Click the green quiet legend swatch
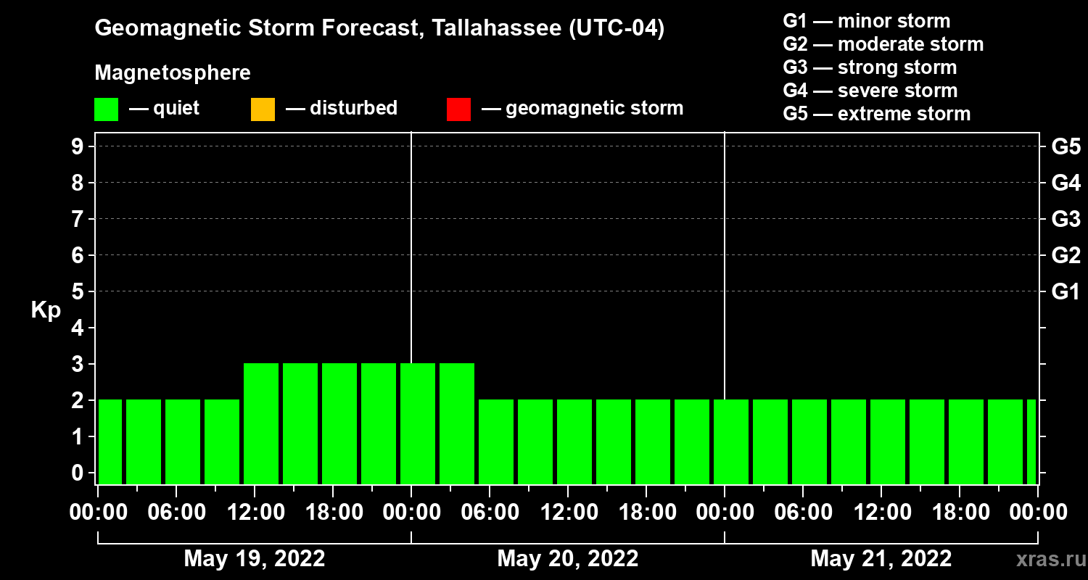click(x=106, y=109)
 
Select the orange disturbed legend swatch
click(x=263, y=109)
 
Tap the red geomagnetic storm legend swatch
click(x=458, y=109)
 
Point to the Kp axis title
click(x=46, y=310)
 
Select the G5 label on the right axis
click(x=1066, y=146)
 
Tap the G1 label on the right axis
click(x=1066, y=291)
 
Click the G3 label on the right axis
click(x=1066, y=219)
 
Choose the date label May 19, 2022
click(x=255, y=559)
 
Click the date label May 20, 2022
click(x=568, y=559)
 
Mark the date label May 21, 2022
click(x=881, y=559)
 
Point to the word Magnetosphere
click(x=173, y=73)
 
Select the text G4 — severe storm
click(x=870, y=91)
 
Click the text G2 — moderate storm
click(x=883, y=44)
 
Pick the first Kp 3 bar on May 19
click(x=261, y=423)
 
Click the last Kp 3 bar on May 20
click(x=457, y=423)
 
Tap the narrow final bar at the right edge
click(x=1031, y=442)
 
